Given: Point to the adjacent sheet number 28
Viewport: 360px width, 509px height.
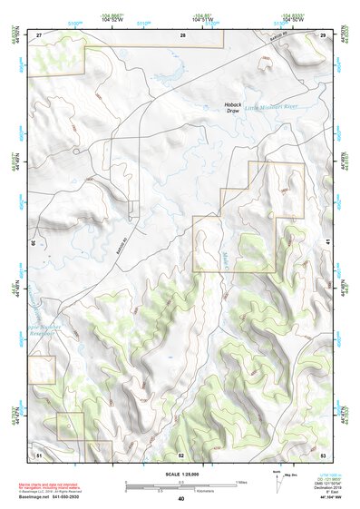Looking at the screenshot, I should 182,34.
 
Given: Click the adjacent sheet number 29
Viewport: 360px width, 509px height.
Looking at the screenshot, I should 322,34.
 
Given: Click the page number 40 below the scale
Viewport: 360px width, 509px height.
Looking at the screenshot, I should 181,498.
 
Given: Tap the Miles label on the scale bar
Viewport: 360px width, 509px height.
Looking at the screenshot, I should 240,481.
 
